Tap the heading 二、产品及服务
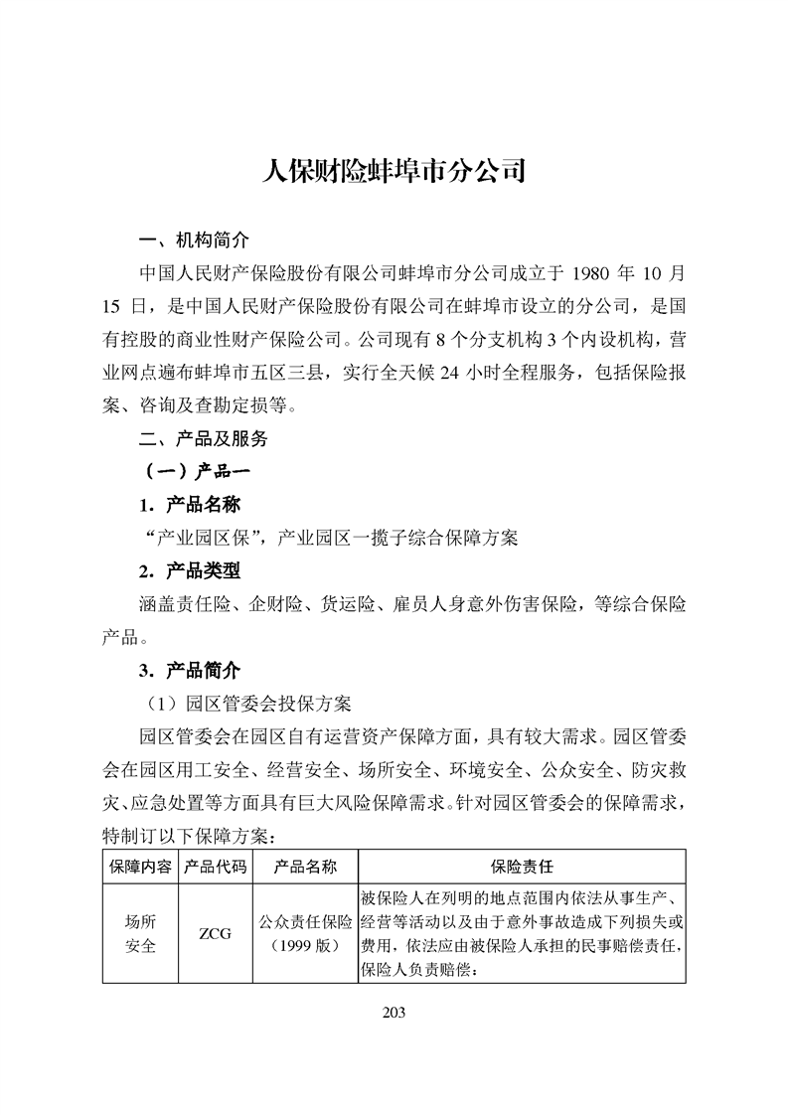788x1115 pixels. click(204, 436)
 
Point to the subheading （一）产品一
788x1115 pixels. click(194, 471)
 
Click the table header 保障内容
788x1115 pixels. click(139, 867)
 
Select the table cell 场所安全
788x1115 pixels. click(139, 933)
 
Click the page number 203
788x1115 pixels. click(394, 1013)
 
